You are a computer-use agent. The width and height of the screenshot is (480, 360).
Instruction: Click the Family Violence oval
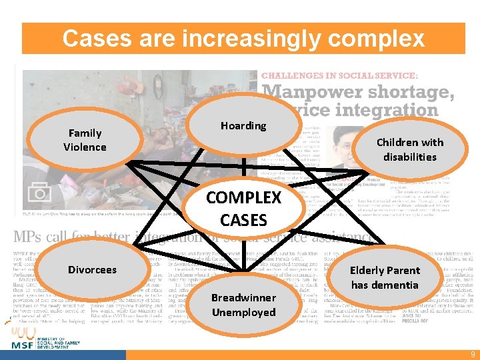point(85,140)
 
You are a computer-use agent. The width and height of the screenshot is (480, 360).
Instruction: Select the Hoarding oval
point(243,126)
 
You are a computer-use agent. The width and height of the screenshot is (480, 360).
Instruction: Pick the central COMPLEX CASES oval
point(243,209)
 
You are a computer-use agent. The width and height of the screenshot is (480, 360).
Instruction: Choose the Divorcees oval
point(92,270)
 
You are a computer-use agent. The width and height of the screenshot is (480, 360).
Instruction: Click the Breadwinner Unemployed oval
point(243,305)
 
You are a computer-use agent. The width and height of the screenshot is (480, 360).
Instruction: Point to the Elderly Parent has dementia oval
point(385,277)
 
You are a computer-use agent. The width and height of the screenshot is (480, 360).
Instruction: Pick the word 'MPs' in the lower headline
point(31,238)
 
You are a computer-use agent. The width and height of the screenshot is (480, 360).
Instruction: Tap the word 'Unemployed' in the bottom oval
point(243,312)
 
